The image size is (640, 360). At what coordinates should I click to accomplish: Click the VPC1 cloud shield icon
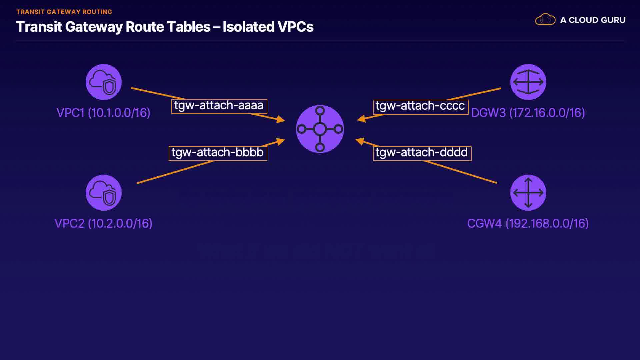coord(103,82)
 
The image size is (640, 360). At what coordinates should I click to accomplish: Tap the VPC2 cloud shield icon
coord(103,193)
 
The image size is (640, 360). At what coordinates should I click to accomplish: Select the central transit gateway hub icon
coord(320,129)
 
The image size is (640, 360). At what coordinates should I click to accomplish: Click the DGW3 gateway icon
coord(528,82)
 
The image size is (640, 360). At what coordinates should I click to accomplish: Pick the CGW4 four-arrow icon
coord(528,193)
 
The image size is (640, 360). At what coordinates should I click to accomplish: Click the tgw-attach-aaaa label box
coord(219,106)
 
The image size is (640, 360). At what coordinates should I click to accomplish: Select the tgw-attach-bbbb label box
coord(218,153)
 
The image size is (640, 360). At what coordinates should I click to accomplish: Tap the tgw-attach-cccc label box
coord(420,107)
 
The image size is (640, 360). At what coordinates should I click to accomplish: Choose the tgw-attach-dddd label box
coord(422,153)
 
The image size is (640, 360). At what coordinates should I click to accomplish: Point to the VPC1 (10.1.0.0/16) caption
coord(103,113)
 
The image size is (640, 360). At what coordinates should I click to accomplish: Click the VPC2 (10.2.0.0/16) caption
coord(103,223)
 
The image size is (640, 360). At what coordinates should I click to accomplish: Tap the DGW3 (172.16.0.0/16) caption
coord(528,113)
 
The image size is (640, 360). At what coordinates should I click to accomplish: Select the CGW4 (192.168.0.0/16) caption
coord(528,223)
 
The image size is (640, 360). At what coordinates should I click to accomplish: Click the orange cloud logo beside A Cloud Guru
coord(545,20)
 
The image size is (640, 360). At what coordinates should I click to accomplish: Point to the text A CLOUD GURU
coord(593,20)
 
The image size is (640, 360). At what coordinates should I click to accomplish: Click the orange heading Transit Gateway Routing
coord(64,12)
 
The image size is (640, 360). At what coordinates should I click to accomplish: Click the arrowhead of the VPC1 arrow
coord(281,119)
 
